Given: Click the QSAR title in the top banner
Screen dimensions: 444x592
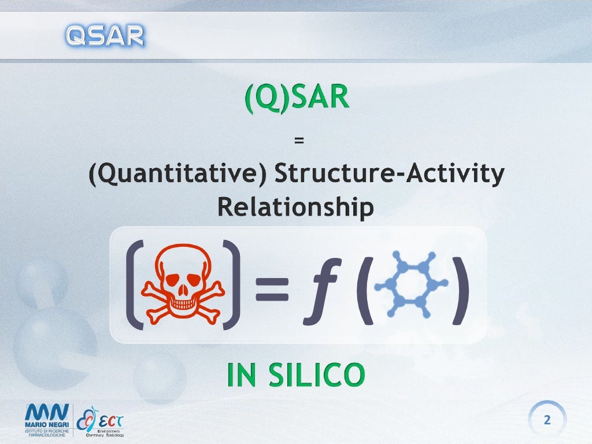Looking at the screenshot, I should [x=105, y=36].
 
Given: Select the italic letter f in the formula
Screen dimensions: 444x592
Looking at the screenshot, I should [x=320, y=287].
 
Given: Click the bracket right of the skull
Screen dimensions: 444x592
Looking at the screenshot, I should [x=231, y=284].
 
